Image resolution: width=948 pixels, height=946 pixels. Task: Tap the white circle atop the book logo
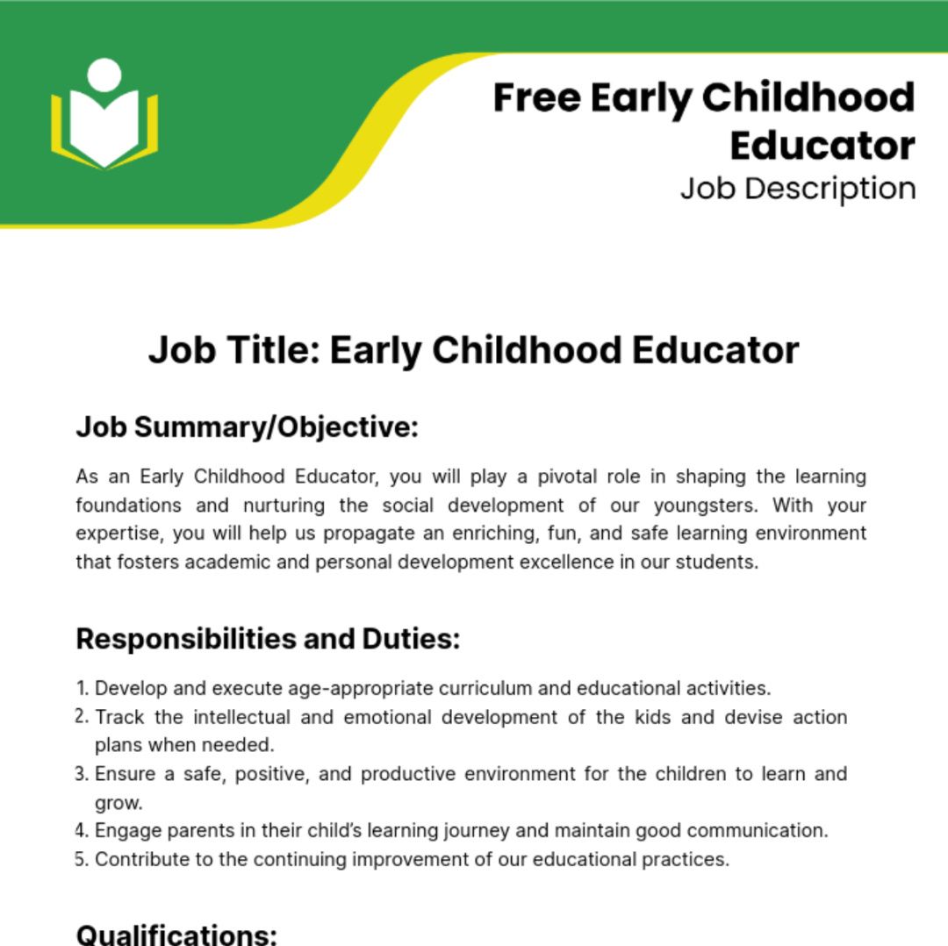coord(104,74)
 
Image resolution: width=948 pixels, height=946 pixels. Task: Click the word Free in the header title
coord(535,97)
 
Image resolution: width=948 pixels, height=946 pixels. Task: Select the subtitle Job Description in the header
coord(797,189)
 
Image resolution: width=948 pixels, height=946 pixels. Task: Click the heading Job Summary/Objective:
coord(247,427)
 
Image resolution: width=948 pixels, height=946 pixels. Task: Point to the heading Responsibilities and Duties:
coord(268,639)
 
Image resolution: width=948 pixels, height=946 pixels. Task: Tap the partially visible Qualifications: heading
coord(176,934)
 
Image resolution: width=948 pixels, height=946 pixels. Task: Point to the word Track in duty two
coord(119,717)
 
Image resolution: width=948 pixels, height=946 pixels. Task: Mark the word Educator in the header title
coord(822,146)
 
